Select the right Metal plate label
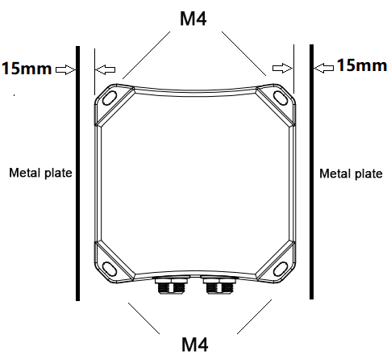pyautogui.click(x=351, y=173)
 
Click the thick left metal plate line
pyautogui.click(x=77, y=186)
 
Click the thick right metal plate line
pyautogui.click(x=312, y=186)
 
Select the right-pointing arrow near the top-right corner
pyautogui.click(x=282, y=69)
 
